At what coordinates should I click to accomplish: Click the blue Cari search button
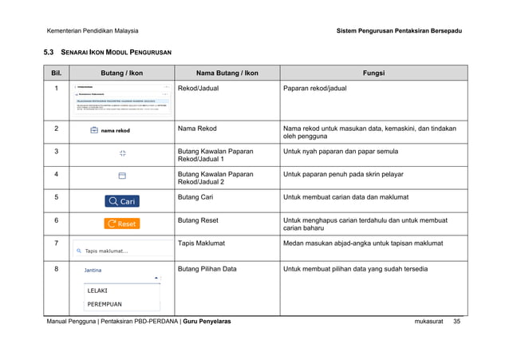pyautogui.click(x=121, y=201)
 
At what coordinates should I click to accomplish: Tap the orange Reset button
pyautogui.click(x=121, y=224)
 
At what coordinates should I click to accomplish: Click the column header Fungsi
pyautogui.click(x=373, y=73)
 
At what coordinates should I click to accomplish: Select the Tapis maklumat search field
pyautogui.click(x=121, y=250)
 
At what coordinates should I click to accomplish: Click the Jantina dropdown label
pyautogui.click(x=93, y=271)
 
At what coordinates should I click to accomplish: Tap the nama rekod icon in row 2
pyautogui.click(x=111, y=130)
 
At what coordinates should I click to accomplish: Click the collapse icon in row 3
pyautogui.click(x=122, y=152)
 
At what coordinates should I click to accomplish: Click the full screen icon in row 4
pyautogui.click(x=122, y=175)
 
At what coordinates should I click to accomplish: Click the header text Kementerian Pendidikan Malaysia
pyautogui.click(x=93, y=31)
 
